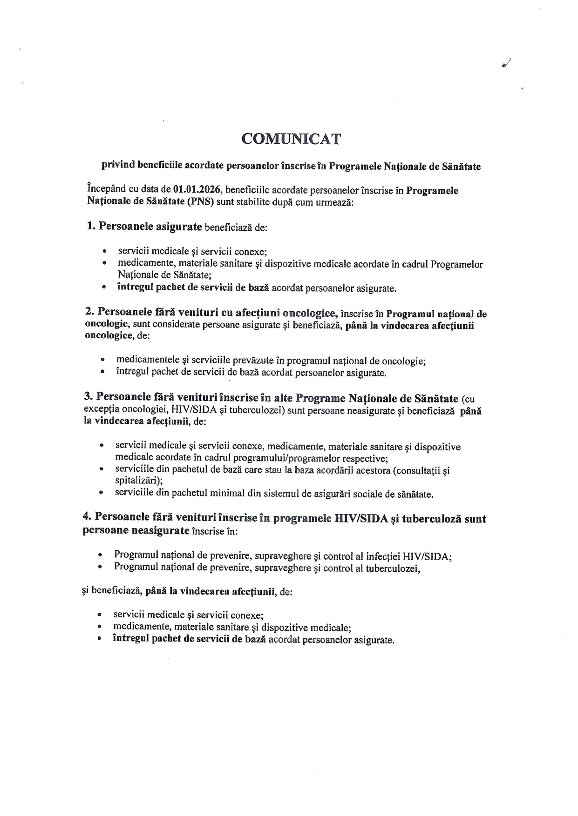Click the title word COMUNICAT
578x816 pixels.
(291, 139)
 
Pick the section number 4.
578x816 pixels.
(87, 517)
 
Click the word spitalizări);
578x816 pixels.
(138, 481)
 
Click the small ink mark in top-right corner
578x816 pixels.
(506, 64)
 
